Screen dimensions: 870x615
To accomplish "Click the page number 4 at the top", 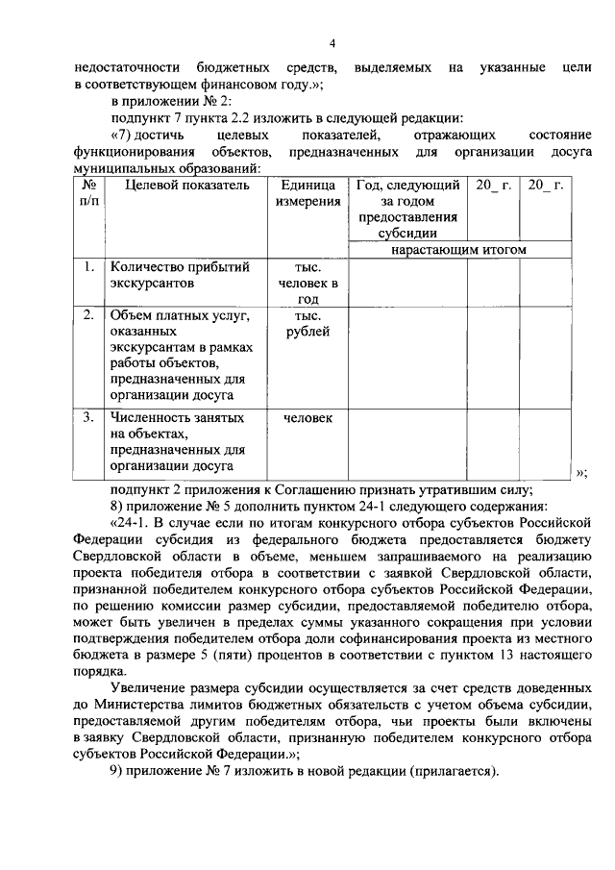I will coord(332,43).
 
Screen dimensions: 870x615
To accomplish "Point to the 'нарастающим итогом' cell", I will coord(459,249).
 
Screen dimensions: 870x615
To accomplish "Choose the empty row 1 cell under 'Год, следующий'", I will coord(407,283).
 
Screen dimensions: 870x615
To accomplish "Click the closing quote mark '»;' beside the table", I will coord(580,472).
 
